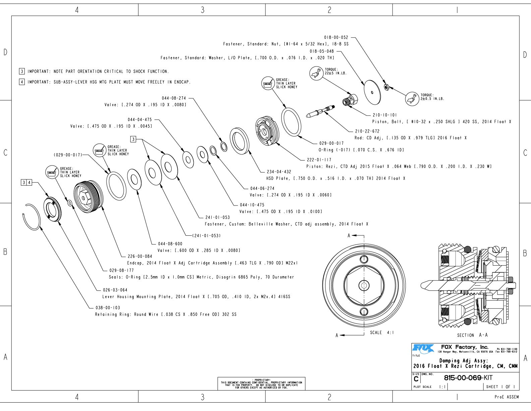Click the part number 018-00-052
(x=336, y=37)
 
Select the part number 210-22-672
(x=367, y=131)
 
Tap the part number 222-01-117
(x=319, y=160)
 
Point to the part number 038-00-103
(x=108, y=308)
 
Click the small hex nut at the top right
(x=386, y=87)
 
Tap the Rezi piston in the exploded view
(x=267, y=131)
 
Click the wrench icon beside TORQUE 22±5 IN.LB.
(x=315, y=73)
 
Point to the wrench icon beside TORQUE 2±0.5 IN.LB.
(x=412, y=99)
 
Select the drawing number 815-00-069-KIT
(x=468, y=378)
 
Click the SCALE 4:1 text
(x=382, y=332)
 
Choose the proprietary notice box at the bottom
(x=261, y=384)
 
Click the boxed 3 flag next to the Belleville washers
(x=133, y=139)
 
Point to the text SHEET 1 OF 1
(x=500, y=387)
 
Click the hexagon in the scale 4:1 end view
(x=364, y=285)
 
